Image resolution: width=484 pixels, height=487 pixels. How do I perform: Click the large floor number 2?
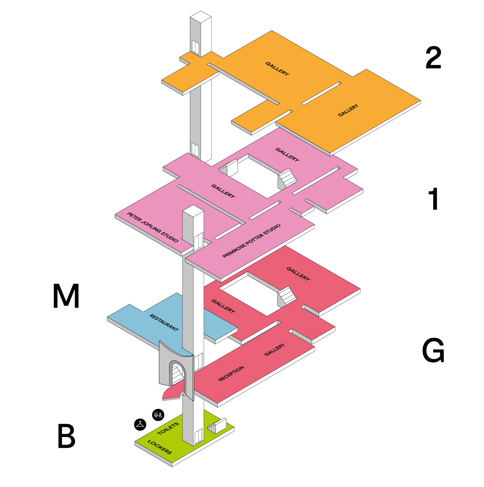click(x=433, y=58)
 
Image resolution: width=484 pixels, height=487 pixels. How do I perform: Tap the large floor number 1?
click(x=434, y=199)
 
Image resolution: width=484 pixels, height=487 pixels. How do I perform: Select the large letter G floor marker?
click(x=433, y=350)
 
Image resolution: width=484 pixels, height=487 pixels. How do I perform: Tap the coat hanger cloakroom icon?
click(x=140, y=424)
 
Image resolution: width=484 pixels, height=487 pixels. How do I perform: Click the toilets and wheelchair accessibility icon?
click(x=158, y=415)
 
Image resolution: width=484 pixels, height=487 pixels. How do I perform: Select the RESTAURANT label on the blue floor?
click(x=164, y=322)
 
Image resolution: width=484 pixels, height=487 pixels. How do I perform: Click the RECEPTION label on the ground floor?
click(x=231, y=373)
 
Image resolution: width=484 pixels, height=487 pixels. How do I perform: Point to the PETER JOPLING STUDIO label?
click(x=153, y=227)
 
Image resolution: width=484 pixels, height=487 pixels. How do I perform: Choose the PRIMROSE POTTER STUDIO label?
click(x=251, y=241)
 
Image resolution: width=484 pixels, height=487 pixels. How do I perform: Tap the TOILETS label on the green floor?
click(x=168, y=428)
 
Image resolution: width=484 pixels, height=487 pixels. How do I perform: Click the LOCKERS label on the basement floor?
click(x=159, y=447)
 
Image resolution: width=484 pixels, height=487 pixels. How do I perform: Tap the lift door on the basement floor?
click(x=199, y=436)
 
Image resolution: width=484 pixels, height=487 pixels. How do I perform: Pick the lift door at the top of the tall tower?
click(x=195, y=47)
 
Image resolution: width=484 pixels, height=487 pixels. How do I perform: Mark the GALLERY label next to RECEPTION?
click(x=274, y=350)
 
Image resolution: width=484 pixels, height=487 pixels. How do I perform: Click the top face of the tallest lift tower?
click(x=201, y=17)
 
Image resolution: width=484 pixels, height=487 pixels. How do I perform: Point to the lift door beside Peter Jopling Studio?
click(x=198, y=242)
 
